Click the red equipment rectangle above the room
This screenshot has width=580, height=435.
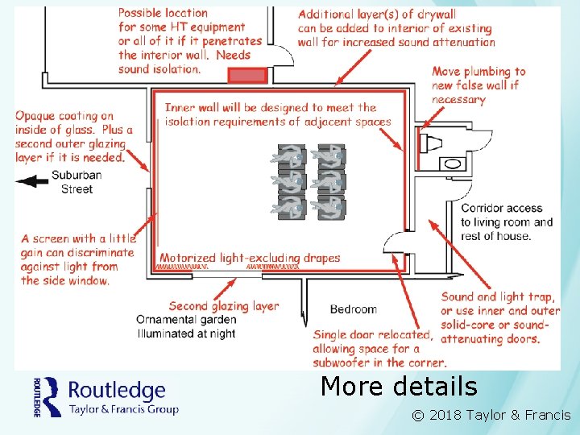coord(246,75)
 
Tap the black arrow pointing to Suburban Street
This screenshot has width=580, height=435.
coord(32,181)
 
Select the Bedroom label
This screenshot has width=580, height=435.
coord(353,309)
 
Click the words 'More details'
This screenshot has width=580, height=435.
coord(399,387)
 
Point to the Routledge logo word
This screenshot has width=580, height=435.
coord(117,391)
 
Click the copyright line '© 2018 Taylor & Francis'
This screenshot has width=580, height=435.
coord(491,416)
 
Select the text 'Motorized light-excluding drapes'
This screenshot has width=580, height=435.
coord(250,259)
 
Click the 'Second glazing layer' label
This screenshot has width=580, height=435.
coord(223,306)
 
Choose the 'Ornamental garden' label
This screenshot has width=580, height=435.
coord(186,320)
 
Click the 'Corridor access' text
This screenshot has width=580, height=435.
coord(501,208)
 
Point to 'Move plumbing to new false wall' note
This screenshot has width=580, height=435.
coord(478,85)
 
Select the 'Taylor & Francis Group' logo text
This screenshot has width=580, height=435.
coord(123,408)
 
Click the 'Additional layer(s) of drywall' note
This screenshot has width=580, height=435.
coord(396,28)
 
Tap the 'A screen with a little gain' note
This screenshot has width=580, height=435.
coord(78,259)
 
